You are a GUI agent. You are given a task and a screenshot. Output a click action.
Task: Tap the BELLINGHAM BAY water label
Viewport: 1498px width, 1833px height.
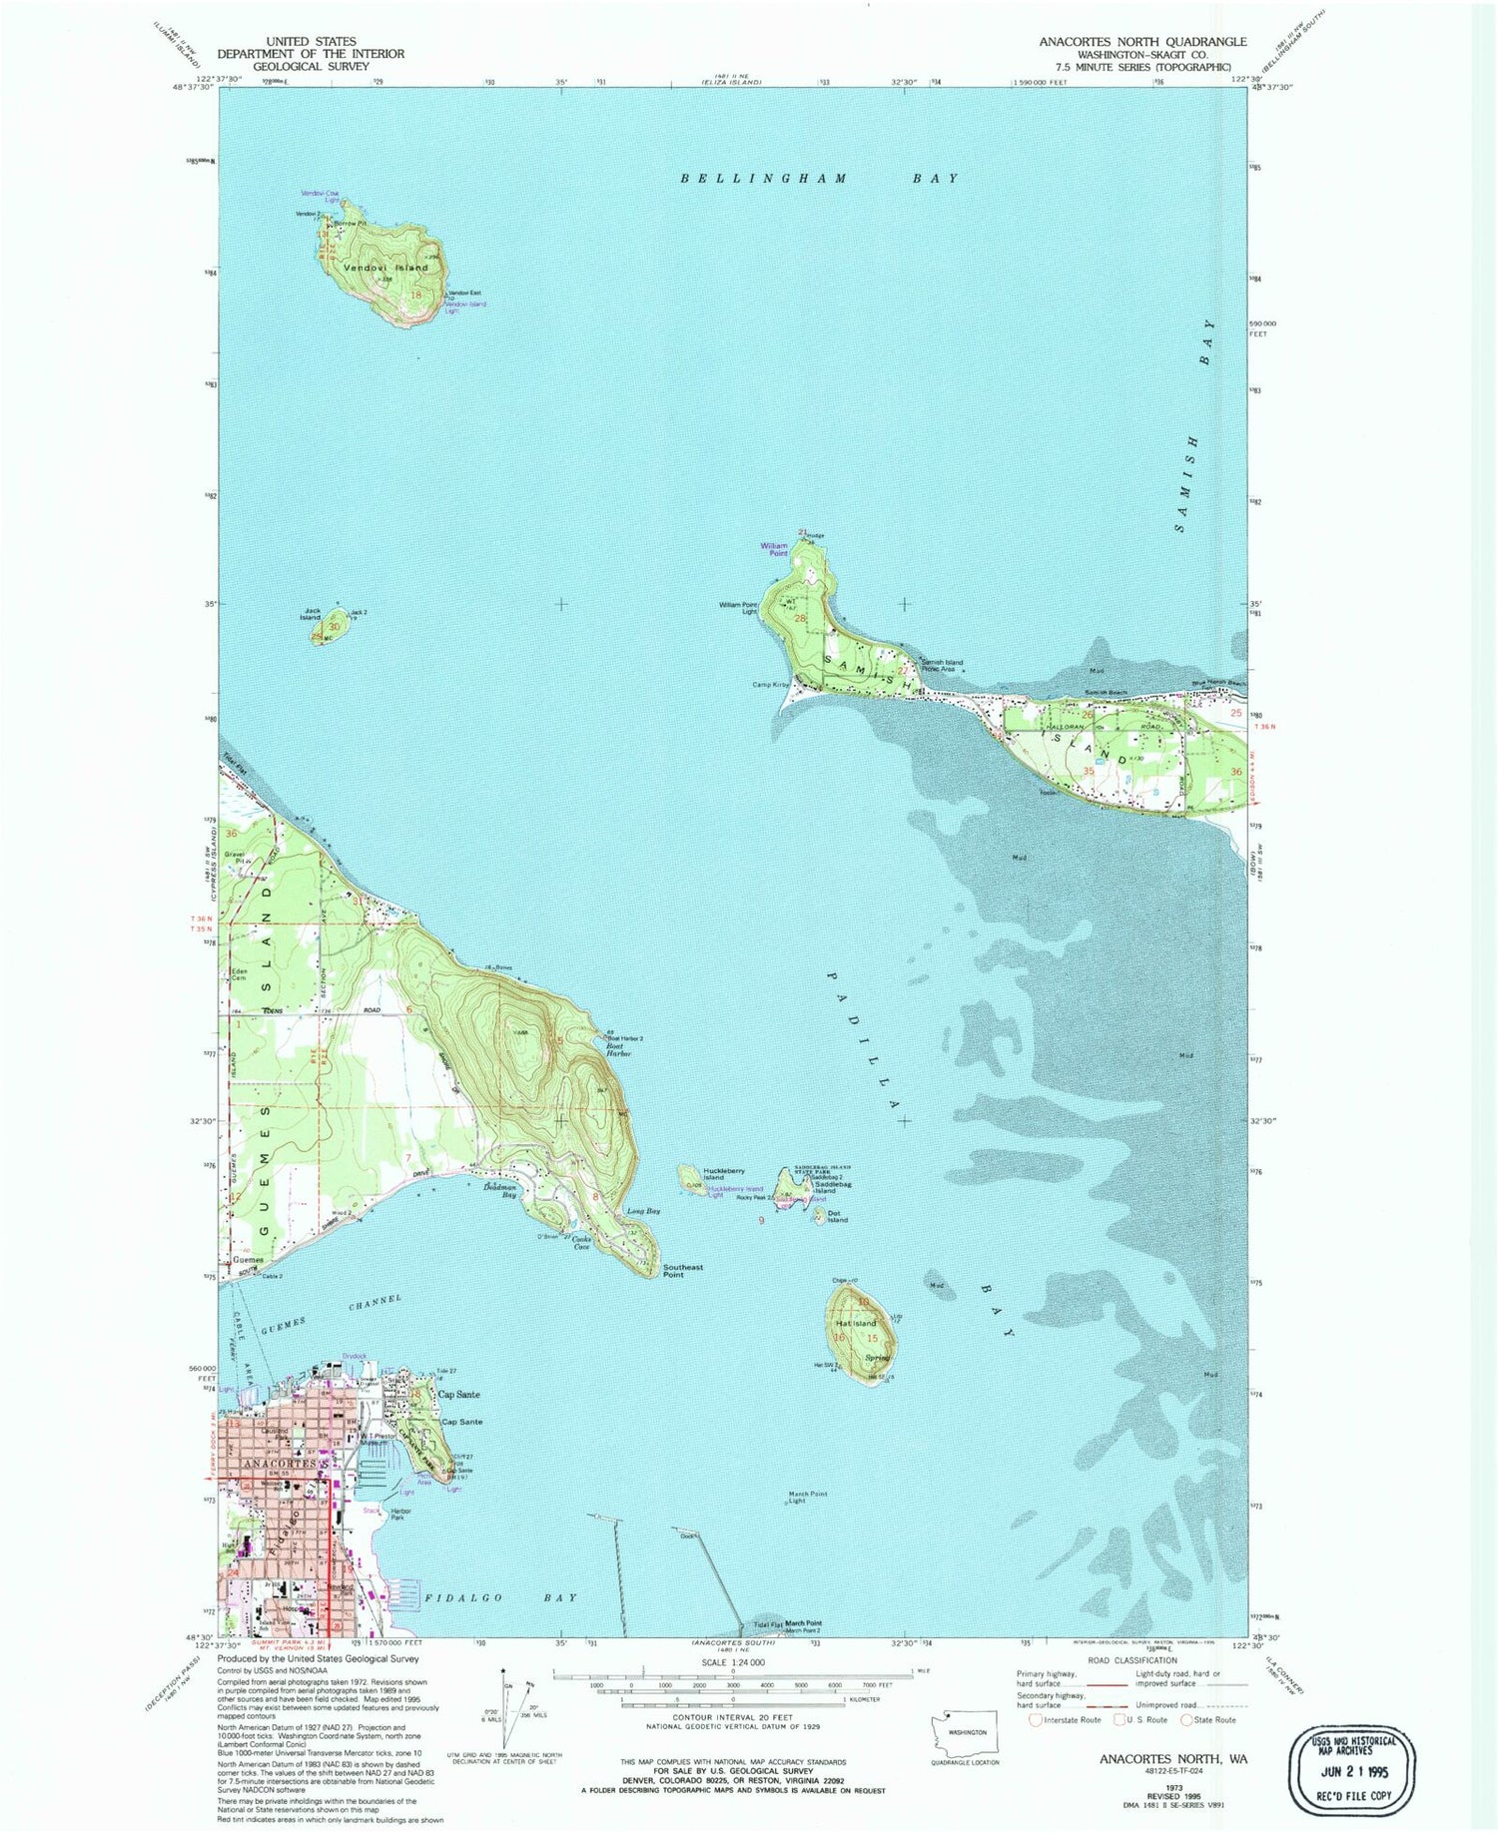[x=819, y=179]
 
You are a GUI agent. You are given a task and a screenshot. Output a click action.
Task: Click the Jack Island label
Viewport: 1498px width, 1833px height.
[x=313, y=614]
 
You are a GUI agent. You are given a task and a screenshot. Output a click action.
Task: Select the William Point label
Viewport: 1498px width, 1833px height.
[x=775, y=550]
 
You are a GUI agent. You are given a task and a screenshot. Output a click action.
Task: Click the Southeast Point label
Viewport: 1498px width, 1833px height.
[x=683, y=1271]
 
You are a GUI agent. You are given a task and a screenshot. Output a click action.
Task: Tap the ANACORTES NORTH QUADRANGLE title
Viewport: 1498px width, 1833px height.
[x=1142, y=42]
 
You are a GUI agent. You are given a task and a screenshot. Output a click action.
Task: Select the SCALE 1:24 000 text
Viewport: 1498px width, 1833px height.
[x=731, y=1662]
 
